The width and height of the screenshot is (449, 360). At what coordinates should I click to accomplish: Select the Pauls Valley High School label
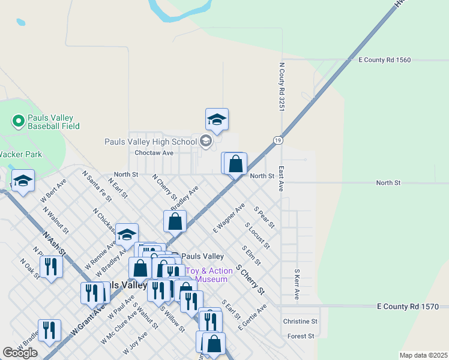pos(151,142)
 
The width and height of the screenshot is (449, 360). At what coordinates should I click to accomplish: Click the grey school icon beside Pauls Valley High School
pos(206,142)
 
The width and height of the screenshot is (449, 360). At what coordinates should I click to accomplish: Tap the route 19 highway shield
pos(277,140)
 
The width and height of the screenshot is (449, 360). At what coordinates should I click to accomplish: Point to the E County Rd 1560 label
pos(384,60)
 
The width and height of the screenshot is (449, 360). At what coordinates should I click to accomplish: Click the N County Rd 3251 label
pos(281,87)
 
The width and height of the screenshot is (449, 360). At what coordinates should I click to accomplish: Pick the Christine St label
pos(300,322)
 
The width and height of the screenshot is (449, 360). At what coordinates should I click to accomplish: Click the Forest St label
pos(301,336)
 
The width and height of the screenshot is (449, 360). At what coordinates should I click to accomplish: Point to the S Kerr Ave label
pos(297,284)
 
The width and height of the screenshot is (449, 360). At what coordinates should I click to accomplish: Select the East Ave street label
pos(281,179)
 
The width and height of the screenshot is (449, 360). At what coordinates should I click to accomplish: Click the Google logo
pos(20,353)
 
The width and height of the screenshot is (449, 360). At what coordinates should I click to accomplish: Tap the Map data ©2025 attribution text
pos(423,355)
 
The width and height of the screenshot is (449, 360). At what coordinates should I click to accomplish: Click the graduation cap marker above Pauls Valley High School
pos(217,119)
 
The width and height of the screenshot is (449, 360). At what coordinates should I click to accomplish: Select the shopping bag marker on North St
pos(235,163)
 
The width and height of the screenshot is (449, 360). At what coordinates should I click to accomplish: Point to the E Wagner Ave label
pos(229,218)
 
